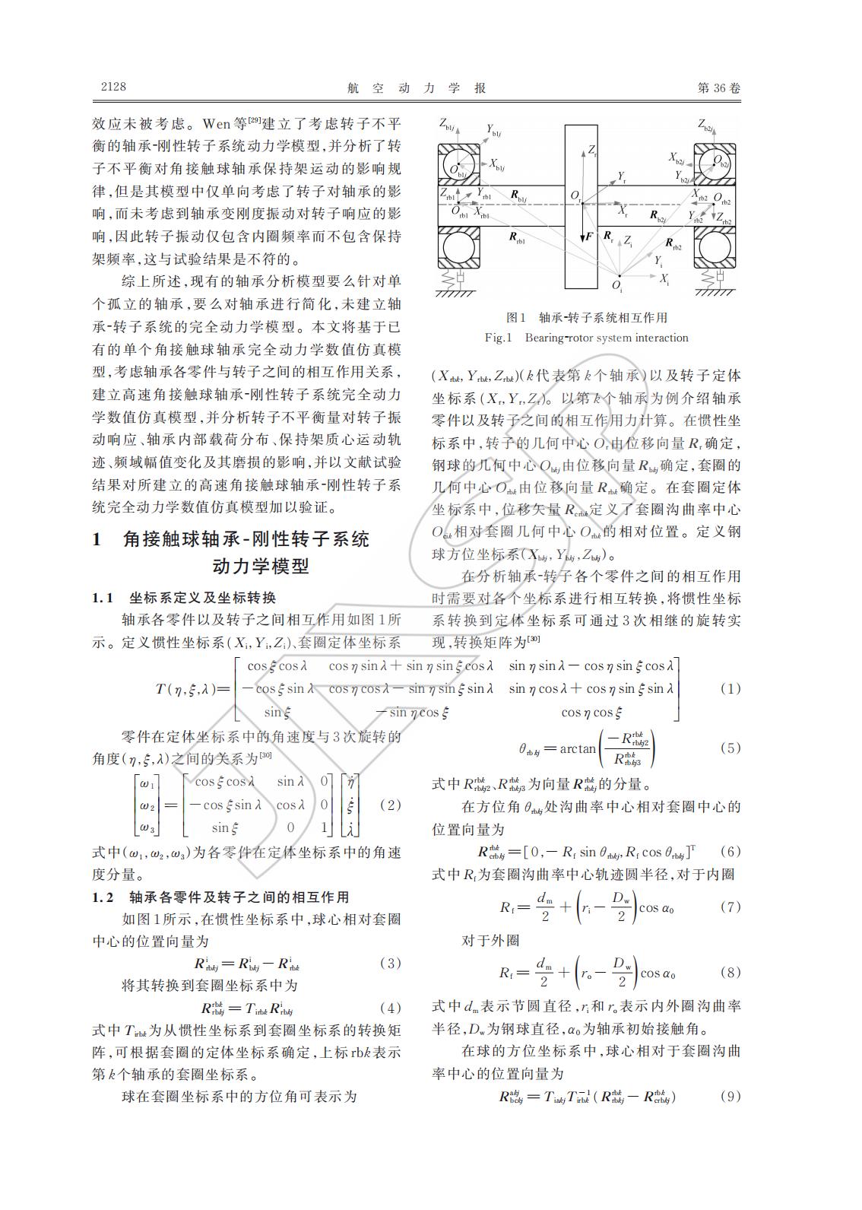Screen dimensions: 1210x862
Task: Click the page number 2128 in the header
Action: [113, 87]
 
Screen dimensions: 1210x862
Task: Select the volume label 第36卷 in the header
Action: [718, 87]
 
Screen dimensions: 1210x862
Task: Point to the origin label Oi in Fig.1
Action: [616, 286]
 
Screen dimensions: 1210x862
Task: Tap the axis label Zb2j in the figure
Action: [706, 125]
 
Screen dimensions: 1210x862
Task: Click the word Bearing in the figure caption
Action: [544, 338]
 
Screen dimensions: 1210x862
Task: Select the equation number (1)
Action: [730, 689]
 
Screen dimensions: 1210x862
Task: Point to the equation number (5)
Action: [730, 748]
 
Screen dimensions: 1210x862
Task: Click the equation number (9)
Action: [730, 1097]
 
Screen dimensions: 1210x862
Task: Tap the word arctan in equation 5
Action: [578, 749]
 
